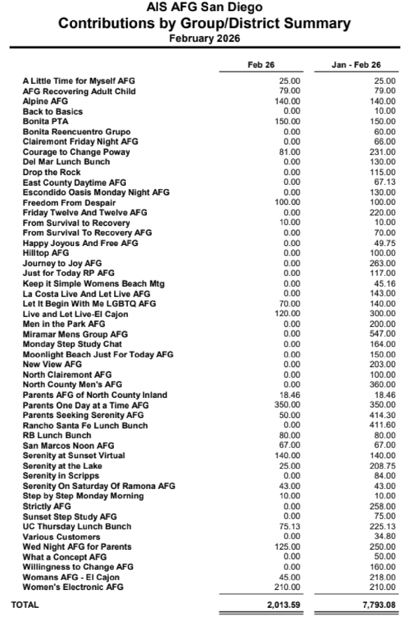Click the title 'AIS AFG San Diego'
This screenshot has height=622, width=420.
click(x=205, y=7)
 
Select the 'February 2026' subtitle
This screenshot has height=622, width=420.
click(x=205, y=38)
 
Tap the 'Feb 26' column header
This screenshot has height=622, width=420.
click(x=261, y=65)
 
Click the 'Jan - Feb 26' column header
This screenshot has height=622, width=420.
click(x=356, y=65)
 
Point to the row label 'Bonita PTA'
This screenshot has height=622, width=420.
click(x=45, y=122)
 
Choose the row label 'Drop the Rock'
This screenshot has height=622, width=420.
click(x=52, y=172)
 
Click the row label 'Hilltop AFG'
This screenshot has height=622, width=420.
click(x=46, y=253)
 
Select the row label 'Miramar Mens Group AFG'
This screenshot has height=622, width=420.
click(x=75, y=334)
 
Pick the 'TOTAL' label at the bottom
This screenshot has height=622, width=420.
click(x=25, y=605)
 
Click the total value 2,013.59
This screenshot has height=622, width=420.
click(x=284, y=605)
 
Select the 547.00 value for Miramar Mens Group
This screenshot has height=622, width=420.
click(x=382, y=334)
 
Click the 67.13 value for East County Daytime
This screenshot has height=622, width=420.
click(x=384, y=182)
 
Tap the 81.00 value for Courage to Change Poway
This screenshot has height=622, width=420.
click(x=290, y=152)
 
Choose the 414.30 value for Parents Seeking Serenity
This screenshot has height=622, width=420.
click(x=382, y=415)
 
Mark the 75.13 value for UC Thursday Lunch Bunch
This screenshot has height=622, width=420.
click(x=290, y=526)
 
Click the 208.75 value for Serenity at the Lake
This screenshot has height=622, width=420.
click(x=382, y=466)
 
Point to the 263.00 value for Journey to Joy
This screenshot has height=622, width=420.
click(x=382, y=263)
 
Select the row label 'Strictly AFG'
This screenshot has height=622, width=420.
click(x=47, y=506)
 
